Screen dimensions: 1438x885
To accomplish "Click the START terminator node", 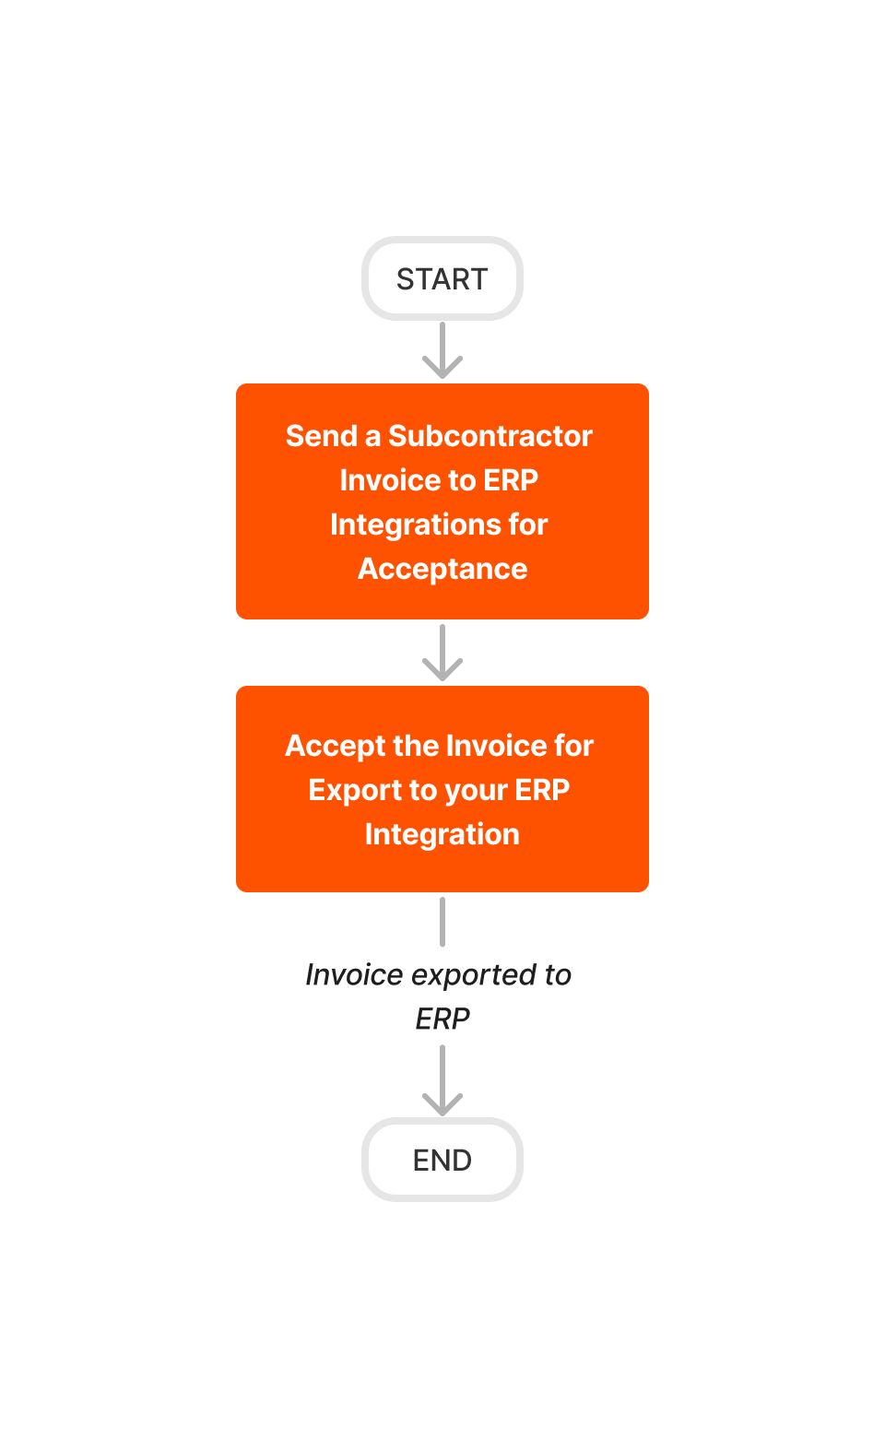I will (x=442, y=278).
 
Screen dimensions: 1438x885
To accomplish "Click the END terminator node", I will (x=442, y=1160).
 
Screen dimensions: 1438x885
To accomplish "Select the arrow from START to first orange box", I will (x=442, y=351).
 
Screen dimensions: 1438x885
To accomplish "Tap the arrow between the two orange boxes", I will (x=442, y=654).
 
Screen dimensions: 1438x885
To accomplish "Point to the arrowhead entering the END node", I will (x=442, y=1102).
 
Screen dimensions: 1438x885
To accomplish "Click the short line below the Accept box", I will (x=442, y=922).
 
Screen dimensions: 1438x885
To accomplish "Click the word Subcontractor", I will (x=490, y=436).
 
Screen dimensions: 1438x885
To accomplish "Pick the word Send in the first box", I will (x=321, y=436).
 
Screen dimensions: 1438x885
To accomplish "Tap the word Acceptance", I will (x=442, y=569).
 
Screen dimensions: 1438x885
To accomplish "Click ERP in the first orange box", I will (x=511, y=480).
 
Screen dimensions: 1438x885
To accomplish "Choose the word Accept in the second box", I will (x=335, y=746).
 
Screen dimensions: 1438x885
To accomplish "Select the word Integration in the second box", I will (x=442, y=834).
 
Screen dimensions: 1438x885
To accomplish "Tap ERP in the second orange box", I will (x=542, y=790).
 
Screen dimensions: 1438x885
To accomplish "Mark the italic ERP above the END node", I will (x=442, y=1019).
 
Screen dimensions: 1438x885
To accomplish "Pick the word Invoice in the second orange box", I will (x=490, y=746).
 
